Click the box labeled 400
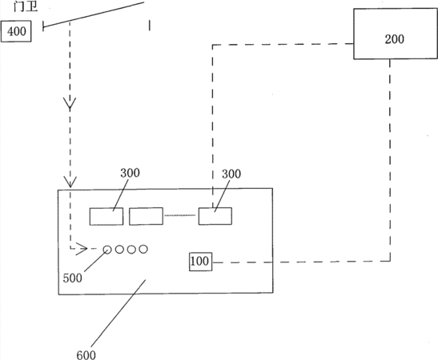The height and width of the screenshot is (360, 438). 16,31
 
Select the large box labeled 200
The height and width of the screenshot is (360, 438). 396,34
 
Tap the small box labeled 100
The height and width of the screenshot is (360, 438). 200,262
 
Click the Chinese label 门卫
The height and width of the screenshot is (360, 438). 26,6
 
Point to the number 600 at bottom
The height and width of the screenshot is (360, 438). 86,355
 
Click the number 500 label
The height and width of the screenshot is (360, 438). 72,278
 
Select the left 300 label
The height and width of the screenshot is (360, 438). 130,173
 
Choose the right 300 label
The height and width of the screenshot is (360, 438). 231,174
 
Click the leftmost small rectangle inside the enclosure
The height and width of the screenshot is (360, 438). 106,216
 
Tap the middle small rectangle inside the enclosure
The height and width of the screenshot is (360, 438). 146,216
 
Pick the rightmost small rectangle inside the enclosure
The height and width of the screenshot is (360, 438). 215,216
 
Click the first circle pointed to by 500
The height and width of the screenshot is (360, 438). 107,250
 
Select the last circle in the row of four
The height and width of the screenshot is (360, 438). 143,250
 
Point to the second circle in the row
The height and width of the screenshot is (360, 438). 119,250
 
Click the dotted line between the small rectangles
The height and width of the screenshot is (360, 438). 180,215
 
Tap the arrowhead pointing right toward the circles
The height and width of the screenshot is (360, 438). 82,248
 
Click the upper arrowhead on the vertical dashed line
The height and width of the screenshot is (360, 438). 70,103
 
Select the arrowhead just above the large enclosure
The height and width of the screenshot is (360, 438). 70,182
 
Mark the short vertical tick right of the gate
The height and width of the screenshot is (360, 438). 150,25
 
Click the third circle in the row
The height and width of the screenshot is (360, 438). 131,250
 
